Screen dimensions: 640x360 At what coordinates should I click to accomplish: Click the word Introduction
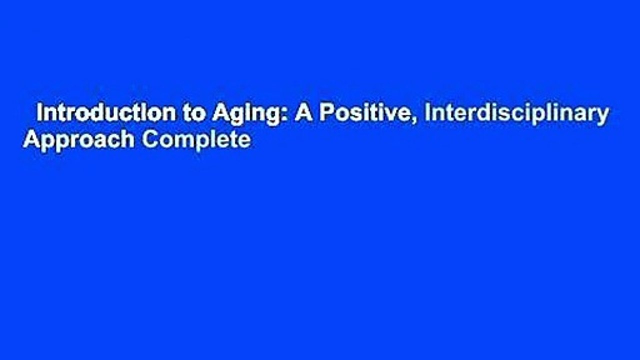(107, 113)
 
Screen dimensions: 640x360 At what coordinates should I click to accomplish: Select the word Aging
(246, 115)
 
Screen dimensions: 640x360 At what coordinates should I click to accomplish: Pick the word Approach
(79, 139)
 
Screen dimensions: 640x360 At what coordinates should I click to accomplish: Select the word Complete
(197, 140)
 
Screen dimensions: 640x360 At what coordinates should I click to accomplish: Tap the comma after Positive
(417, 120)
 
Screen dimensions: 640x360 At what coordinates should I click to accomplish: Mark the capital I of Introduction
(39, 113)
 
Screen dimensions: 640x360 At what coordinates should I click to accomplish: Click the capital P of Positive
(326, 113)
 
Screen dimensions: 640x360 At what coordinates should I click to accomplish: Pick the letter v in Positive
(391, 115)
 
